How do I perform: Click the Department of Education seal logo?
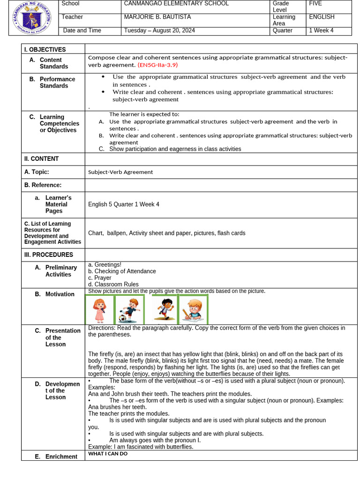point(32,18)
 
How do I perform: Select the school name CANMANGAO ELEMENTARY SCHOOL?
point(176,4)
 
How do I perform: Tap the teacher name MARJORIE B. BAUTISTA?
point(157,17)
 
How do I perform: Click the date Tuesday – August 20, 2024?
point(159,30)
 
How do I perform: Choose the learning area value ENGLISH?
point(322,17)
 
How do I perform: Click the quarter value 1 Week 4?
point(321,30)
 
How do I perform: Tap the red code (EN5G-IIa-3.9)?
point(157,65)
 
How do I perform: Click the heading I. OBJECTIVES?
point(45,50)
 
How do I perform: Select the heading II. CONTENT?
point(42,159)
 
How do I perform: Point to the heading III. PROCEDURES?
point(49,255)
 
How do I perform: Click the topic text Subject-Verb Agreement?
point(120,172)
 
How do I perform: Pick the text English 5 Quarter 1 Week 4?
point(124,204)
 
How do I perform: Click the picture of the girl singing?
point(99,309)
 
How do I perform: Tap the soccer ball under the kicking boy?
point(123,318)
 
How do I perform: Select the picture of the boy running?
point(164,309)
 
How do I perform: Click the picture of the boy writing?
point(193,309)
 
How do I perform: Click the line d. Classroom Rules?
point(113,285)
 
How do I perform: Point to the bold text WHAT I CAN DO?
point(108,454)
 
